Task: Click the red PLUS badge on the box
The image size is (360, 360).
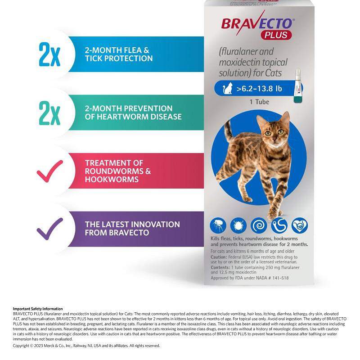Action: tap(277, 35)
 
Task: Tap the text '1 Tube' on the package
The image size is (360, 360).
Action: tap(260, 102)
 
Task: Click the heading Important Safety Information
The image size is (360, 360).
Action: tap(38, 309)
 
